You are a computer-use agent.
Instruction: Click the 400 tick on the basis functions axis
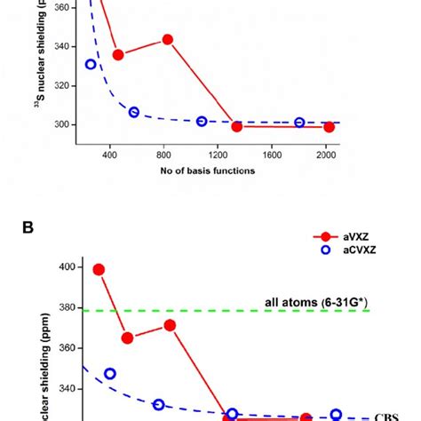click(x=110, y=154)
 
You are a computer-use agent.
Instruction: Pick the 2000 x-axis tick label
click(x=325, y=154)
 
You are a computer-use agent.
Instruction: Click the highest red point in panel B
click(x=99, y=269)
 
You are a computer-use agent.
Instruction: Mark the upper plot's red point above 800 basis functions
click(x=167, y=39)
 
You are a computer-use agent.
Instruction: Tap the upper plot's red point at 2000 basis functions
click(x=329, y=127)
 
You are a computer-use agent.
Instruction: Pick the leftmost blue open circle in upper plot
click(x=91, y=64)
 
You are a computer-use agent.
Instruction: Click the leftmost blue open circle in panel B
click(x=110, y=373)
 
